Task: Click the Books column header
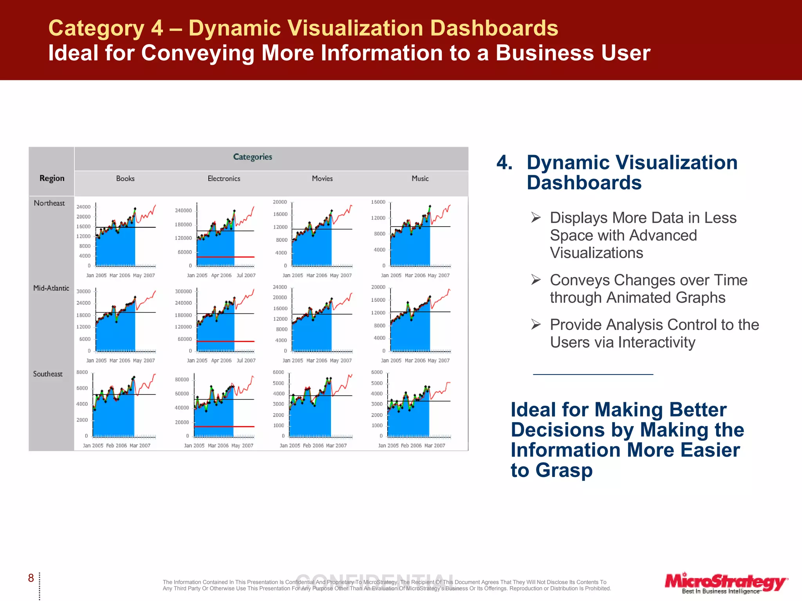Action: click(125, 178)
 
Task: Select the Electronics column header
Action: click(224, 178)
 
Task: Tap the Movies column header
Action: click(322, 178)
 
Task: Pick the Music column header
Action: click(420, 178)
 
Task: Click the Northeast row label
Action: click(49, 203)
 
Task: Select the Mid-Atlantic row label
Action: click(51, 288)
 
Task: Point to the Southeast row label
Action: click(48, 374)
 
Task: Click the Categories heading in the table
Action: click(253, 157)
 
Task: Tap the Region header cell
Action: click(52, 178)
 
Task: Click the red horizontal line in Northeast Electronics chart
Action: click(225, 257)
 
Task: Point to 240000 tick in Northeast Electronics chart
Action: click(183, 211)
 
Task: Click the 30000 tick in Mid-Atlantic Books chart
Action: click(83, 292)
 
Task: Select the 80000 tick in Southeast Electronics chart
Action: click(182, 380)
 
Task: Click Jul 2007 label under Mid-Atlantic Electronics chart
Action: click(246, 360)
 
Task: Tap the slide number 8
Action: click(31, 578)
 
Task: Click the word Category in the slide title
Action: click(96, 28)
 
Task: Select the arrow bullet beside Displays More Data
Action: click(536, 217)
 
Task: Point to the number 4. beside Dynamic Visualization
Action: click(504, 162)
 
